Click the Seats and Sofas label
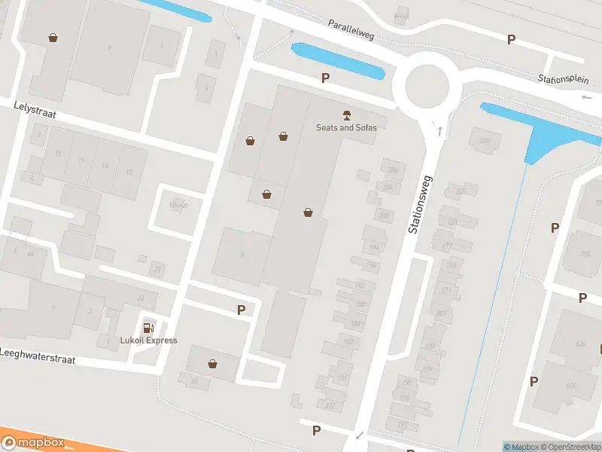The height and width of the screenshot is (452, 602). (x=346, y=127)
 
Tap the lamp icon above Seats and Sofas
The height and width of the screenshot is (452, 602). (x=346, y=115)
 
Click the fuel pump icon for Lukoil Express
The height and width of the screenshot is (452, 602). (x=148, y=327)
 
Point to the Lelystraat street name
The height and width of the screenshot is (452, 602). (x=35, y=110)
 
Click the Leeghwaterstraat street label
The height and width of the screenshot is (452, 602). (x=38, y=356)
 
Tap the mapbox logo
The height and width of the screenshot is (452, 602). (x=33, y=443)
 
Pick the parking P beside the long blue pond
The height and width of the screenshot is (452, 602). (x=326, y=78)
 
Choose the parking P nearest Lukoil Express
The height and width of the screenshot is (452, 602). (x=242, y=309)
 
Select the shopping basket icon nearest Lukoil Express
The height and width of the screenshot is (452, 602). (x=213, y=365)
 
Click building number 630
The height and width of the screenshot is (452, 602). (x=581, y=344)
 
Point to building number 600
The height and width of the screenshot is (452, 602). (x=570, y=386)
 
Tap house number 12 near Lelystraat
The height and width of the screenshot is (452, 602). (x=129, y=173)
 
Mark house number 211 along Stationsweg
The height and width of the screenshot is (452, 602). (x=447, y=289)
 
